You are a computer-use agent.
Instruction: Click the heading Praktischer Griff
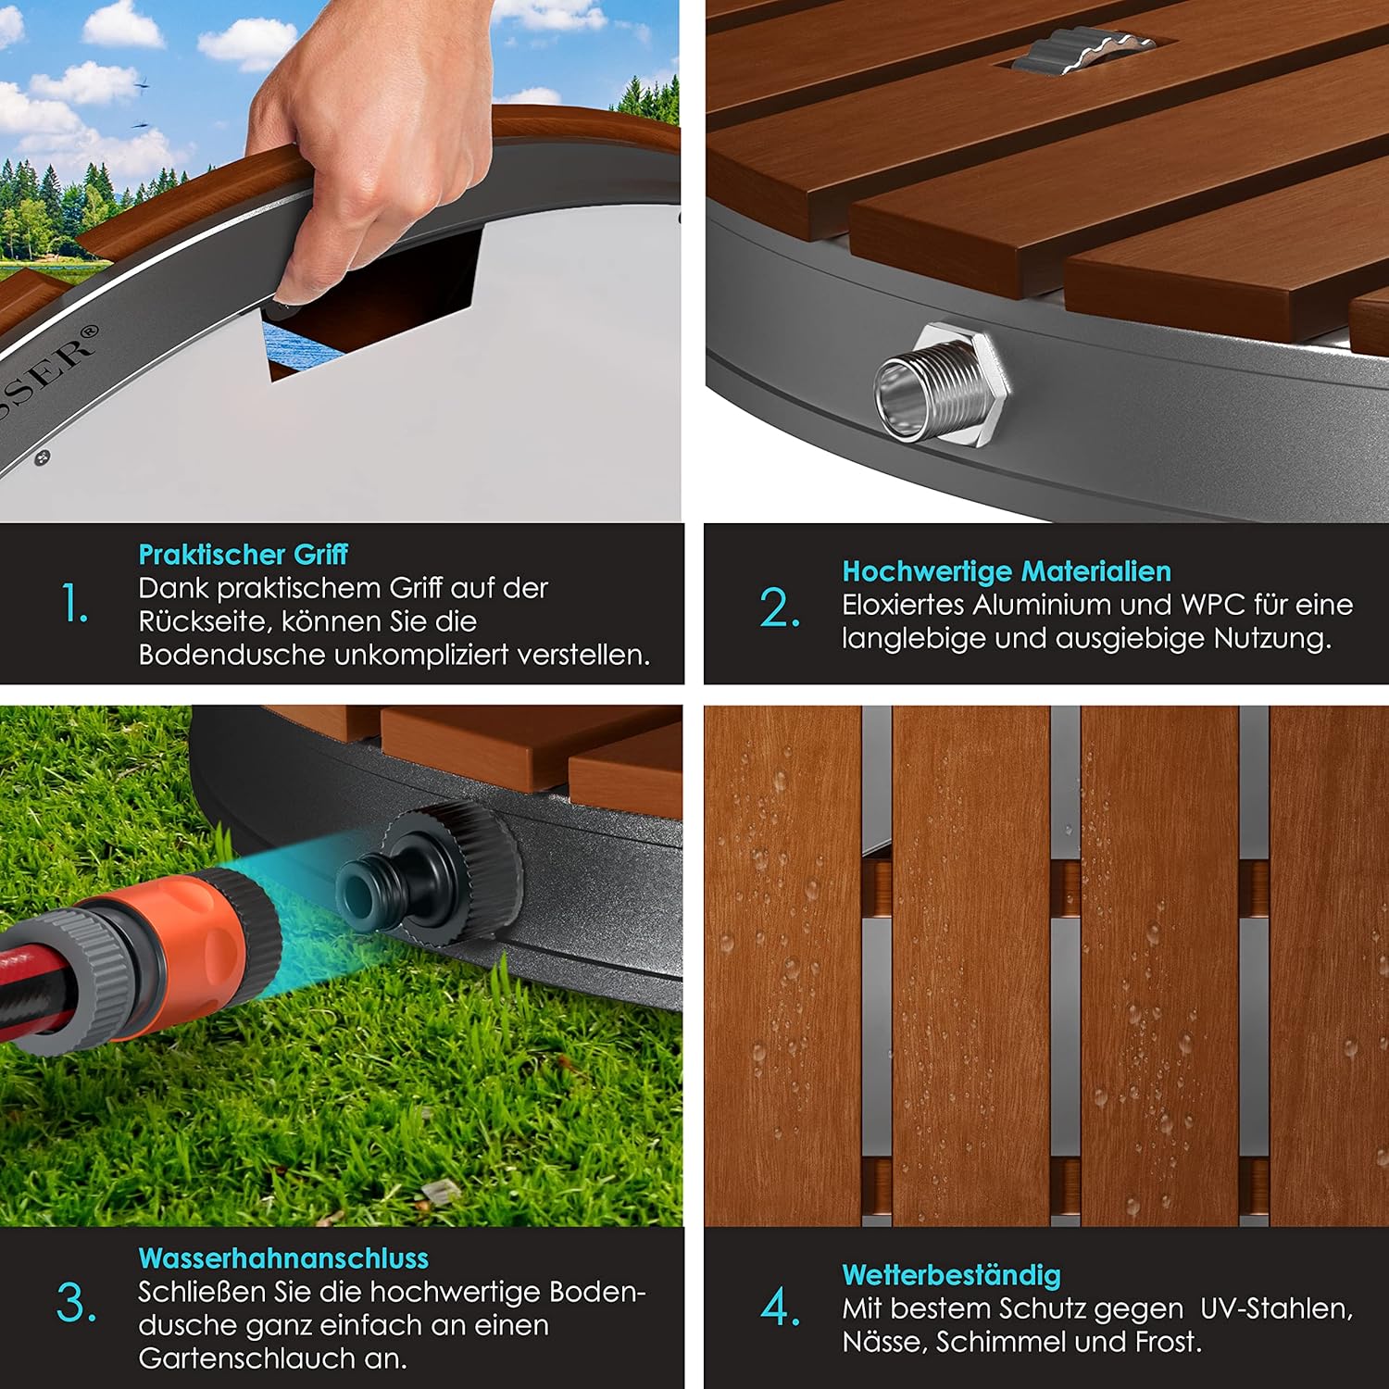coord(243,555)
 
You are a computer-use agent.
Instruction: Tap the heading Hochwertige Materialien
coord(1007,571)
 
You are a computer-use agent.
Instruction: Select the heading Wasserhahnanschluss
coord(283,1258)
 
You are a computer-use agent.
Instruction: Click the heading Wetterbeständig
coord(951,1275)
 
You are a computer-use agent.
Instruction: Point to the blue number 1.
coord(74,604)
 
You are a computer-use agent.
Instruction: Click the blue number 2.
coord(780,608)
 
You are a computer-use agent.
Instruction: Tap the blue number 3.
coord(76,1304)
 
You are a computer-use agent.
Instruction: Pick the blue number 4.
coord(780,1308)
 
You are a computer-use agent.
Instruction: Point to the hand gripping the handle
coord(370,139)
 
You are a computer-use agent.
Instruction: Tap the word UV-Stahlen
coord(1277,1309)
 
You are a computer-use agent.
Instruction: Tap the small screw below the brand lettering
coord(42,457)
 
